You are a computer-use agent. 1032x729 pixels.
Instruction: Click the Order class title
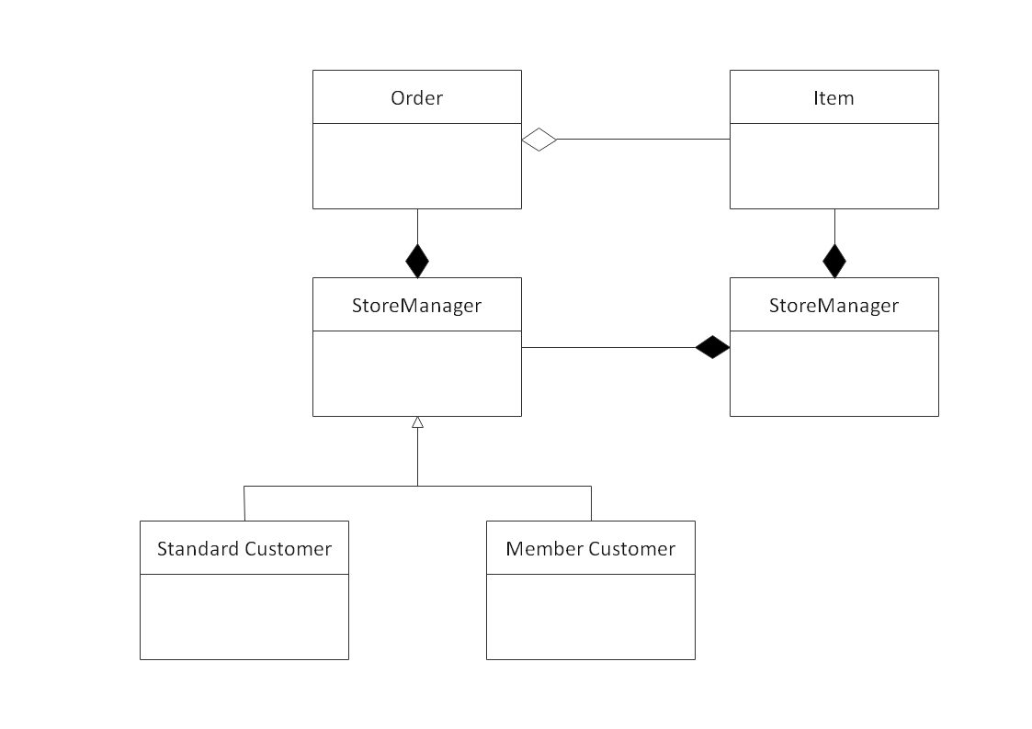[x=416, y=97]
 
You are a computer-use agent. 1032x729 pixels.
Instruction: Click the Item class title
[x=834, y=97]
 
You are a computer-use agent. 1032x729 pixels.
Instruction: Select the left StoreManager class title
[x=416, y=306]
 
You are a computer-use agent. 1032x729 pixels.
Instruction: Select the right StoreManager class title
[x=834, y=306]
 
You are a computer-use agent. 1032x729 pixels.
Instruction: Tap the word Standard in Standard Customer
[x=198, y=549]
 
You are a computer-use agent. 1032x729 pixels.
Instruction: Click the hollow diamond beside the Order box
[x=539, y=140]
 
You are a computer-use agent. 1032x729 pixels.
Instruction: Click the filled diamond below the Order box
[x=417, y=261]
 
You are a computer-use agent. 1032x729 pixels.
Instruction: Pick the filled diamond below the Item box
[x=834, y=261]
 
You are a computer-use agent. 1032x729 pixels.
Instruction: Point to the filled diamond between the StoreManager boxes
[x=712, y=348]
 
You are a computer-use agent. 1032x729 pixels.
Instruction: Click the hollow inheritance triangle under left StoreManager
[x=417, y=422]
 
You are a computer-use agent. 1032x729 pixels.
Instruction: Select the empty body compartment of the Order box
[x=416, y=165]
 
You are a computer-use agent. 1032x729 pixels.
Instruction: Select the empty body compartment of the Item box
[x=834, y=165]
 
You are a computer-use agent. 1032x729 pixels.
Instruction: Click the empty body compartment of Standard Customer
[x=244, y=616]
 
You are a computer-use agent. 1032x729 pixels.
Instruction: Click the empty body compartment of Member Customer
[x=590, y=616]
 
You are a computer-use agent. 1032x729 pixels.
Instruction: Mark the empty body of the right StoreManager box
[x=834, y=373]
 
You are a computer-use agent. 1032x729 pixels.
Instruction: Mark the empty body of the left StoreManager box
[x=416, y=373]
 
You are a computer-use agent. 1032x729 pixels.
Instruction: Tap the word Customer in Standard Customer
[x=288, y=549]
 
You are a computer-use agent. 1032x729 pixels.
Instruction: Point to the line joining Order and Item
[x=643, y=140]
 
